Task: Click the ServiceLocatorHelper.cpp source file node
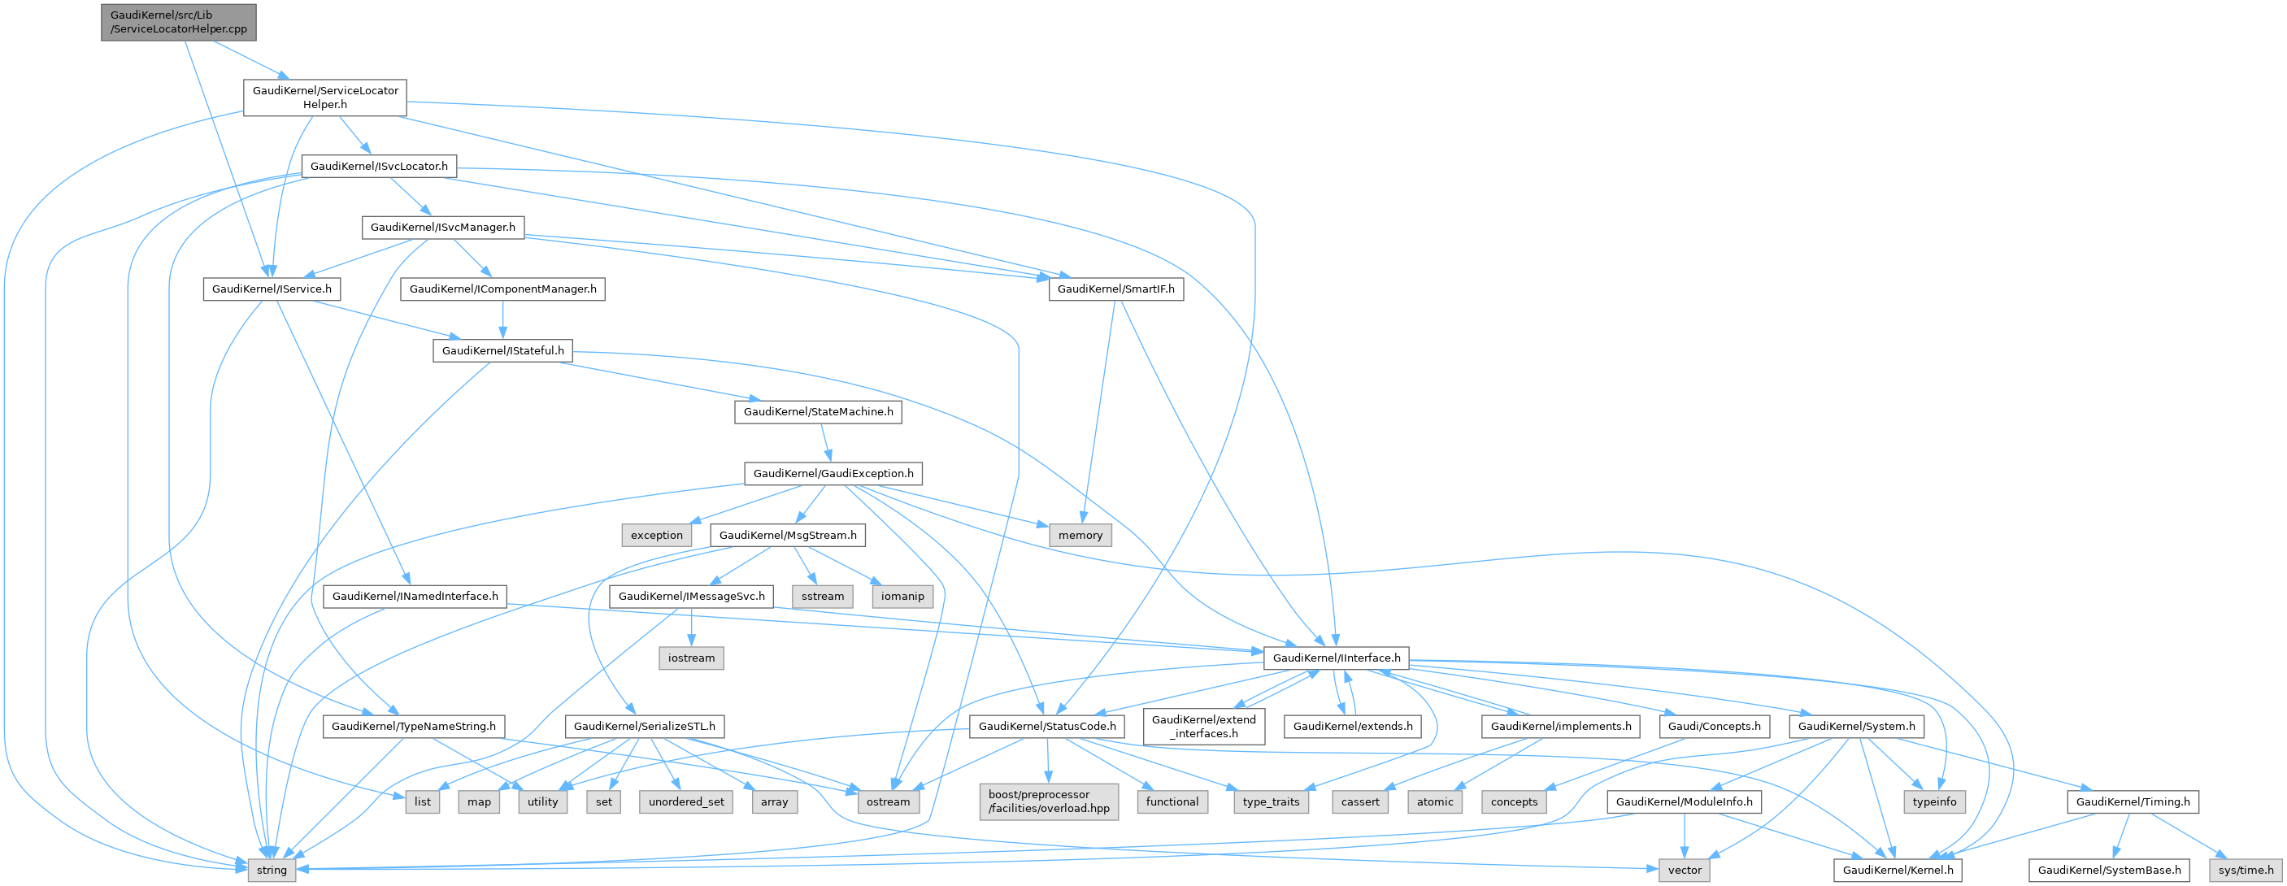tap(178, 22)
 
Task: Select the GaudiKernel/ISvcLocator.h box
tap(379, 166)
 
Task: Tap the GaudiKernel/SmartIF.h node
tap(1115, 289)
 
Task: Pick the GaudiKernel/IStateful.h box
tap(502, 350)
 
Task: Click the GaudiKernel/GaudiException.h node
tap(833, 474)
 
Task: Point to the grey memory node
tap(1080, 536)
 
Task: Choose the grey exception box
tap(656, 536)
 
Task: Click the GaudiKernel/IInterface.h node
tap(1336, 658)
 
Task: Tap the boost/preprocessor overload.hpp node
tap(1049, 801)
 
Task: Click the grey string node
tap(272, 870)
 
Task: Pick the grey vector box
tap(1685, 870)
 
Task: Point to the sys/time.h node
tap(2246, 870)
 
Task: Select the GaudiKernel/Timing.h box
tap(2133, 801)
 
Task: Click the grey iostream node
tap(691, 658)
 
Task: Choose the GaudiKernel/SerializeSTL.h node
tap(644, 726)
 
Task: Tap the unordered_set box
tap(685, 801)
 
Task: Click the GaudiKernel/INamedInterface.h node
tap(415, 597)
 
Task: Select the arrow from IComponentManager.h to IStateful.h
tap(503, 319)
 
